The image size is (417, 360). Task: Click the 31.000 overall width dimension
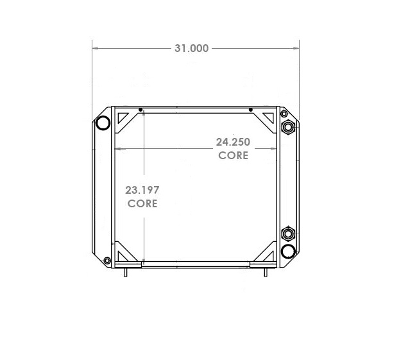pos(191,48)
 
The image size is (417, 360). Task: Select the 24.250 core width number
pos(232,142)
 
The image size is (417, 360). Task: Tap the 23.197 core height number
pos(142,190)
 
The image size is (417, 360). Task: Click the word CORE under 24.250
pos(233,155)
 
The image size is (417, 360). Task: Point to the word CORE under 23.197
pos(142,203)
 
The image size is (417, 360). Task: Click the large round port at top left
pos(102,123)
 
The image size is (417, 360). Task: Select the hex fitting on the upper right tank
pos(287,127)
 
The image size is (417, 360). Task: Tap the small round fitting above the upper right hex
pos(284,114)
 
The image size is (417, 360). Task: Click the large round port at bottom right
pos(288,250)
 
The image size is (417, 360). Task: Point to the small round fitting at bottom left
pos(106,260)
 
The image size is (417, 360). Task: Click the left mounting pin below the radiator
pos(126,272)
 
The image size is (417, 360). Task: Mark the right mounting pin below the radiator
pos(265,272)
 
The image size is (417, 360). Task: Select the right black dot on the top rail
pos(250,110)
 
